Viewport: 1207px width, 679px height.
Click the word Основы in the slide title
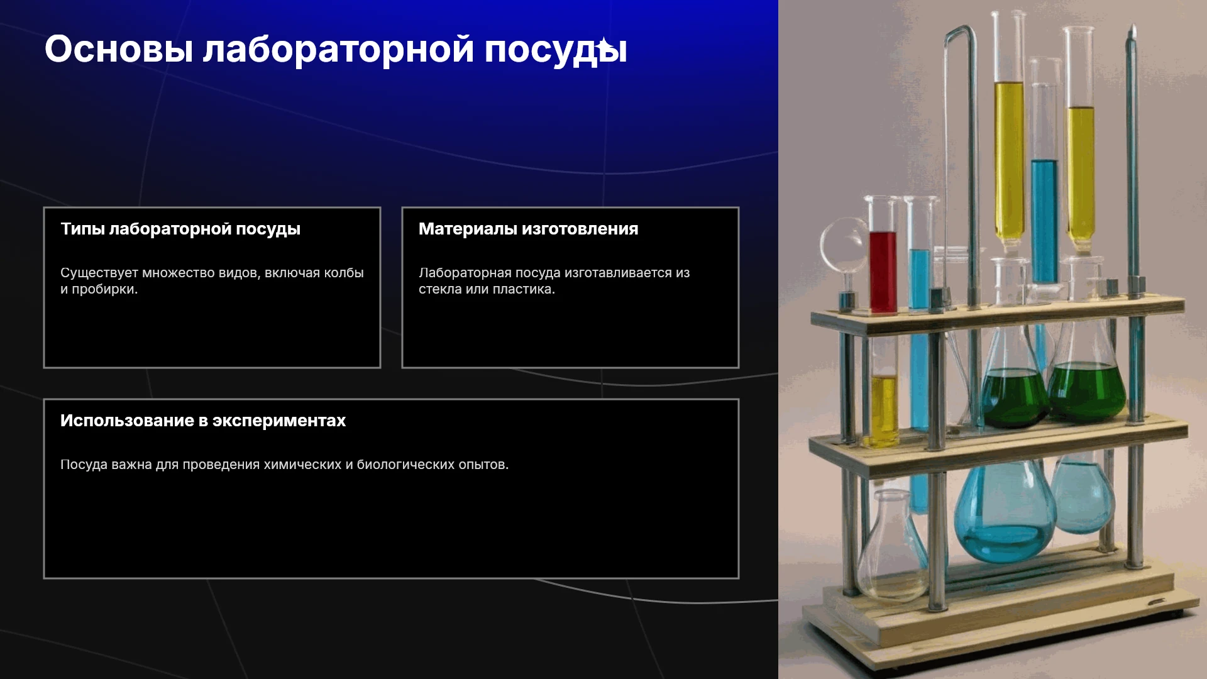[119, 49]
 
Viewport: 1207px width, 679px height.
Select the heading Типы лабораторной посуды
[180, 229]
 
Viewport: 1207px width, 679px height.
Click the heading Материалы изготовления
[528, 229]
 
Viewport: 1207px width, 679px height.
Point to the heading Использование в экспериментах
[203, 421]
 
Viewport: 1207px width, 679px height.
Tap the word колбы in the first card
[343, 273]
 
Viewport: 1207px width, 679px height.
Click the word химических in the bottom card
[302, 465]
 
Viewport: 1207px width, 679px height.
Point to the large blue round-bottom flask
[1004, 511]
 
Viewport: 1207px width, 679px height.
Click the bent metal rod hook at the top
[961, 35]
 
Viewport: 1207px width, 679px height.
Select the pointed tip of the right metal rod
[1133, 26]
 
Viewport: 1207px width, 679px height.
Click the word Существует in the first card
[99, 273]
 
